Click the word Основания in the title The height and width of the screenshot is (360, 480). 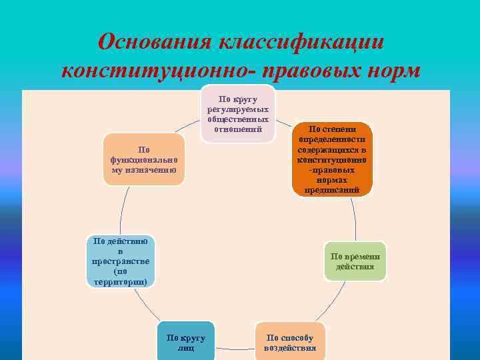[154, 42]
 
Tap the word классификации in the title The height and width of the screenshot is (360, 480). [301, 42]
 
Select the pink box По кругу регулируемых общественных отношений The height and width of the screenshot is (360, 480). [239, 113]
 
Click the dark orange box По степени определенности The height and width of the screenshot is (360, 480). [332, 159]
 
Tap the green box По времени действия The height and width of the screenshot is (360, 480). [355, 261]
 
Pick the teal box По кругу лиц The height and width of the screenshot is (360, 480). [186, 343]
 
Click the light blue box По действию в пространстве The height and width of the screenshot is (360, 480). [121, 261]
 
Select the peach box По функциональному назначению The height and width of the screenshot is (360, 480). [144, 159]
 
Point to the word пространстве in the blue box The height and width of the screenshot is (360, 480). [121, 261]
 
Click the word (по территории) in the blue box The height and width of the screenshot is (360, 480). [121, 277]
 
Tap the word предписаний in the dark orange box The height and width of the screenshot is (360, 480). [332, 190]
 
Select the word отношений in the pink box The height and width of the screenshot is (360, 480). [239, 129]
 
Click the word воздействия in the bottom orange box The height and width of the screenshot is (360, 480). [290, 348]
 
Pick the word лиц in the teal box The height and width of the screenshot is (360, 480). [186, 348]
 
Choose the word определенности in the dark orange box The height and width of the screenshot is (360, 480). [332, 140]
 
